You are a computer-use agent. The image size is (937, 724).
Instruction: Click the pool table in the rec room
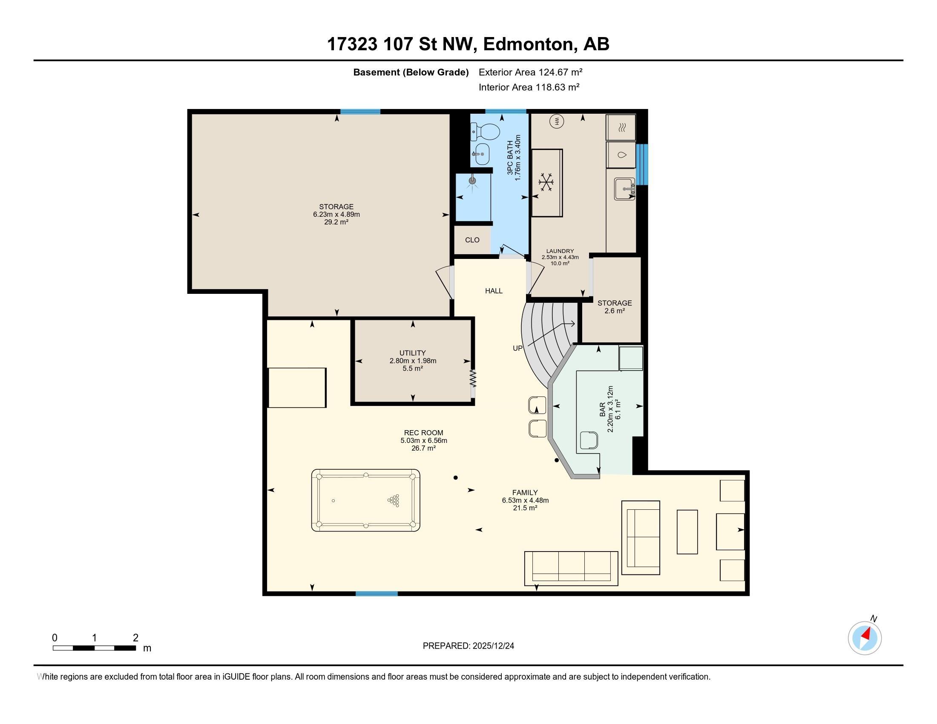[365, 500]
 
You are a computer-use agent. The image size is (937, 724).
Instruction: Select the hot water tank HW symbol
[558, 122]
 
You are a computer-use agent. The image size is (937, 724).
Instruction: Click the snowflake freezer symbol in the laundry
[546, 182]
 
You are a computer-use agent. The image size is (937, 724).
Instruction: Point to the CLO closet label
[472, 240]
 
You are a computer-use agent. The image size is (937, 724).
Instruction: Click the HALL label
[494, 291]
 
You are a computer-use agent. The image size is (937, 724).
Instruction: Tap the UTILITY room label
[413, 353]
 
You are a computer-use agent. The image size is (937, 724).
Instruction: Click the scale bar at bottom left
[95, 648]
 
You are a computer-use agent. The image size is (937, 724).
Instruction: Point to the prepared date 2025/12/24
[492, 646]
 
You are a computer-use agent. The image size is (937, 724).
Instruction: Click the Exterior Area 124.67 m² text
[530, 72]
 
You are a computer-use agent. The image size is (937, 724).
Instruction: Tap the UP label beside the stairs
[518, 348]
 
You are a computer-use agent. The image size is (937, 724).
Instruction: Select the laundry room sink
[625, 189]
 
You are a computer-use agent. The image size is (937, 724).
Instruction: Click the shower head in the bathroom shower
[472, 181]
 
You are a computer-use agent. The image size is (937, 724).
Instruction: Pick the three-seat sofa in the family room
[571, 568]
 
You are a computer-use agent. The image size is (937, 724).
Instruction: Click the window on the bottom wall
[377, 594]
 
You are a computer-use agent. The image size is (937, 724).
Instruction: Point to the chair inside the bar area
[589, 440]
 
